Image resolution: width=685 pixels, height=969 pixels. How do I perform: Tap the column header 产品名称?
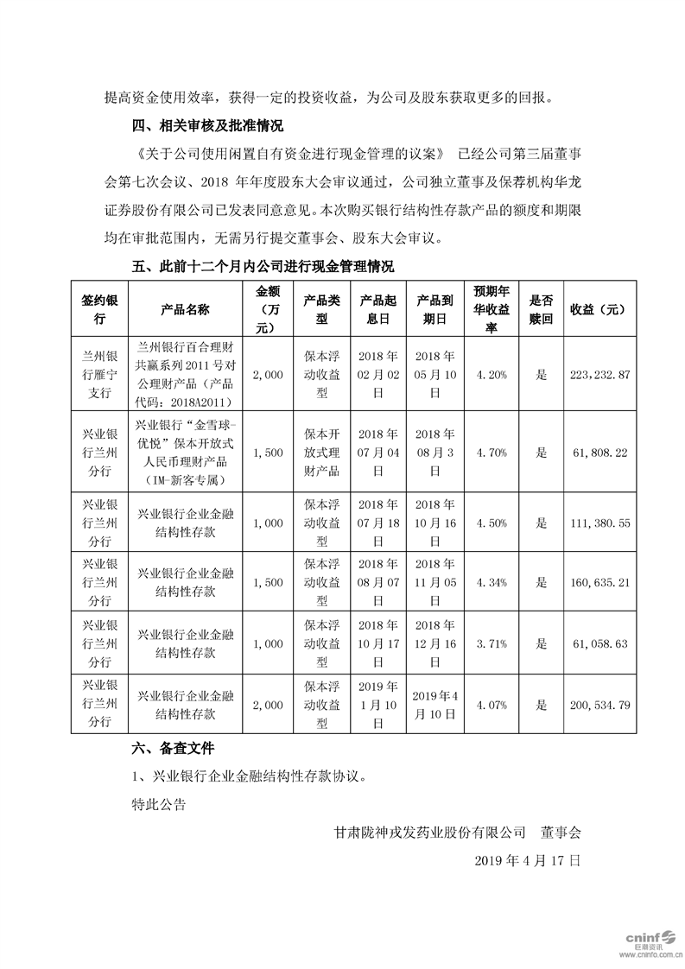point(185,308)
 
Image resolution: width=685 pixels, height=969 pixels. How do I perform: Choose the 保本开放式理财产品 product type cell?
point(322,452)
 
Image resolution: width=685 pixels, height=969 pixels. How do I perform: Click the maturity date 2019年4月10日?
point(434,705)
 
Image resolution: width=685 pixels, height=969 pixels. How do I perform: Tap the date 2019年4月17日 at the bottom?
point(529,861)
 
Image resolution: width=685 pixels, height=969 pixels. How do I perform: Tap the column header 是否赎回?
point(542,308)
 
